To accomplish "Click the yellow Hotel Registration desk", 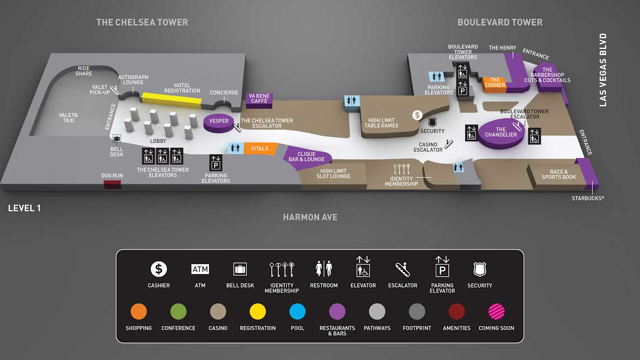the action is coord(172,100).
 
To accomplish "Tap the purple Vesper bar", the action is coord(218,123).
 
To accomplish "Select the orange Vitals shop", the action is coord(260,148).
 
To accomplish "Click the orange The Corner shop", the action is coord(494,84).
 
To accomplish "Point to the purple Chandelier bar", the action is coord(501,133).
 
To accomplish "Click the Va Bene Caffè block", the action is coord(259,100).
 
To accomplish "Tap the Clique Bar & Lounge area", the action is coord(307,158).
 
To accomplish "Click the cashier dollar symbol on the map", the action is coord(417,115).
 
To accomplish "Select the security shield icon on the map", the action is coord(432,122).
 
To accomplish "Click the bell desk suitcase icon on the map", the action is coord(116,139).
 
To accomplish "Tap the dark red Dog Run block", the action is coord(112,184).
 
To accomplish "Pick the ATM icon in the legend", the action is coord(200,269).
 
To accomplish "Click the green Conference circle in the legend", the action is coord(178,312).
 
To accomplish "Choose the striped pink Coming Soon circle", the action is coord(496,312).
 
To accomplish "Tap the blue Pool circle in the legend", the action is coord(298,312).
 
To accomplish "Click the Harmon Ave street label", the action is coord(310,218).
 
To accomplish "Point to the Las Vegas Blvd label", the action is coord(603,70).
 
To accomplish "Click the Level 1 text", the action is coord(24,208).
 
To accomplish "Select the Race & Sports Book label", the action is coord(559,174).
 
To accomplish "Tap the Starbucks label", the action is coord(588,198).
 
